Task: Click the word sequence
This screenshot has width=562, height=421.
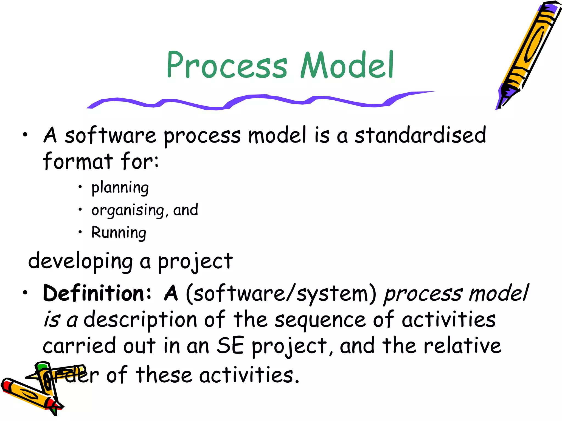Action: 320,320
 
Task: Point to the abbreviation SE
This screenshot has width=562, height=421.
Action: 230,346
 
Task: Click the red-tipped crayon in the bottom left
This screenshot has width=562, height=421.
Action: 27,395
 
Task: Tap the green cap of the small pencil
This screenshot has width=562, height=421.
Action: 43,367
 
